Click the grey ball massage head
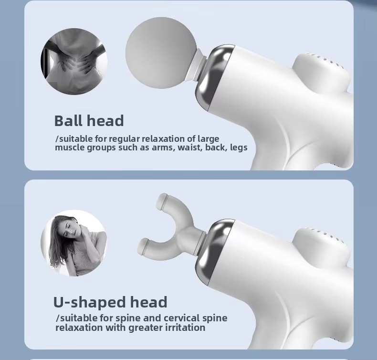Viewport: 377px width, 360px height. point(161,53)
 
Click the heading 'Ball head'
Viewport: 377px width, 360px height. point(89,120)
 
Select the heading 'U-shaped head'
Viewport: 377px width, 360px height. point(110,302)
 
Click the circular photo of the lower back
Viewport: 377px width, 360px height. point(74,61)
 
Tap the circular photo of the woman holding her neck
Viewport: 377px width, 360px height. point(74,243)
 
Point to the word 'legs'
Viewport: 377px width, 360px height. point(239,148)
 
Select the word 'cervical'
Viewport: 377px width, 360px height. point(181,318)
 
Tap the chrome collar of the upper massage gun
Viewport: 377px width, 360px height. point(215,77)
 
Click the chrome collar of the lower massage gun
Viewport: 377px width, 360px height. point(215,252)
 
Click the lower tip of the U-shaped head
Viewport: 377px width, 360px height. point(144,246)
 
